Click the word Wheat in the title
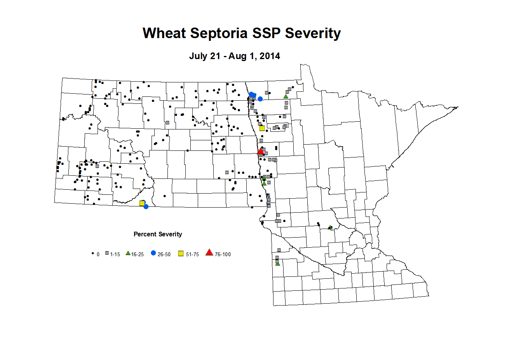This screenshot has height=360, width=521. point(164,33)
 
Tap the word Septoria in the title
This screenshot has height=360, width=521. point(219,33)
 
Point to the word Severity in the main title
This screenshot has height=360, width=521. point(313,33)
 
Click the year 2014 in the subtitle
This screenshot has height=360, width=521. point(270,56)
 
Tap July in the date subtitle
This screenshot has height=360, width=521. point(199,56)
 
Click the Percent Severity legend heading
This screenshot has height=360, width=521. point(158,234)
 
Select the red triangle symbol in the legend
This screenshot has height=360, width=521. point(209,253)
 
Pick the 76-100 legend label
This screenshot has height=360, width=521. point(223,254)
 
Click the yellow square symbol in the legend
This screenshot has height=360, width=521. point(181,254)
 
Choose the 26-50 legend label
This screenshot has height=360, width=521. point(164,254)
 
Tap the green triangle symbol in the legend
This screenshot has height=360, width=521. point(128,253)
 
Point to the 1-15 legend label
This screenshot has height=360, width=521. point(115,254)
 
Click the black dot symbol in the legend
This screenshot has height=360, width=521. point(92,253)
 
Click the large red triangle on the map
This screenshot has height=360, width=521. point(261,151)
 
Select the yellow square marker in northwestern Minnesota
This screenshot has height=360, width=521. point(262,128)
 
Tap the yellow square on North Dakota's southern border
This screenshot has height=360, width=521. point(142,203)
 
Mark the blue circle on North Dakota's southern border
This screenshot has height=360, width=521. point(146,206)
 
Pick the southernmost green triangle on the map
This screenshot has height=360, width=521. point(277,264)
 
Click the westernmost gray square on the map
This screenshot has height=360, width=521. point(97,166)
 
